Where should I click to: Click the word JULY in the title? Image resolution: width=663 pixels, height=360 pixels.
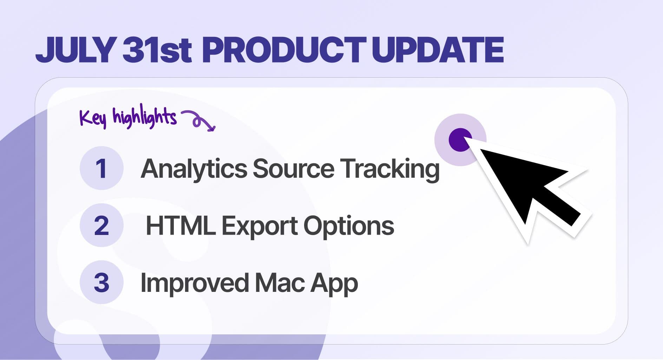(x=76, y=50)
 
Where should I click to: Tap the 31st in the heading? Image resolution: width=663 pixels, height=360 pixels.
(x=157, y=50)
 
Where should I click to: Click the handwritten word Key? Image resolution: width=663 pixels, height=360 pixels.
(x=92, y=118)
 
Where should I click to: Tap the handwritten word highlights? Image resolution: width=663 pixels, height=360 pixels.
(x=144, y=117)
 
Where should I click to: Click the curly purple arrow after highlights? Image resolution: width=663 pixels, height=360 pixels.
(x=199, y=120)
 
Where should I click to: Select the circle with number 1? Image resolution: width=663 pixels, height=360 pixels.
(x=101, y=168)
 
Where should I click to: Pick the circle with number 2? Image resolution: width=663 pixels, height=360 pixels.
(x=101, y=225)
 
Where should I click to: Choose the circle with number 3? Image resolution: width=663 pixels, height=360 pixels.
(x=101, y=282)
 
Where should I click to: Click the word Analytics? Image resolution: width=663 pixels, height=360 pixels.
(x=194, y=169)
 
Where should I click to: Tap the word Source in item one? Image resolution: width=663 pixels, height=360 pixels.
(x=293, y=169)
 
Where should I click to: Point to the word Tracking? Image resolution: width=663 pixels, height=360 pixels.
(x=390, y=169)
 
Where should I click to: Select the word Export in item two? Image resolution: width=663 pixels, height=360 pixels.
(x=260, y=226)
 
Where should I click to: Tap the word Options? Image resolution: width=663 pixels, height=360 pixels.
(x=349, y=226)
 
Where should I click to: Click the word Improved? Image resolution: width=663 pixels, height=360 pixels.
(x=194, y=283)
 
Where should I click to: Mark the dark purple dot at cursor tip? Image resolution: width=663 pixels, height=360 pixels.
(x=460, y=139)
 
